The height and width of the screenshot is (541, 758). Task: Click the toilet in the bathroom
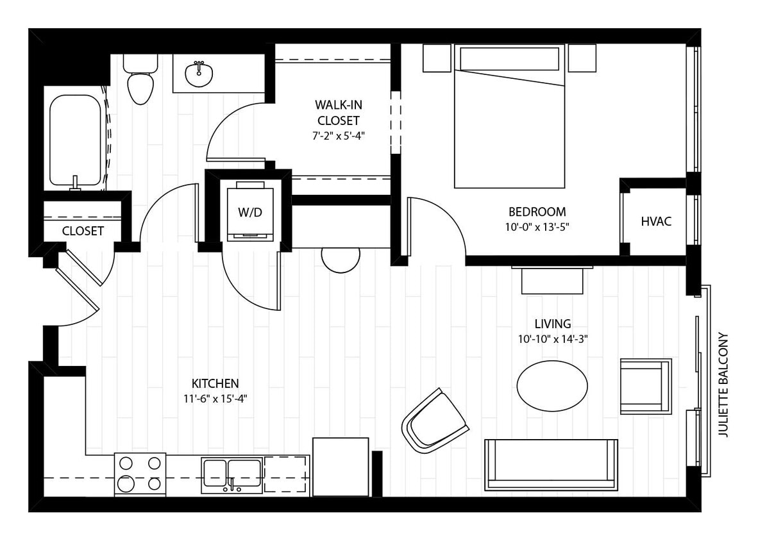point(140,83)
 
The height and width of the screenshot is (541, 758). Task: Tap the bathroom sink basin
point(199,74)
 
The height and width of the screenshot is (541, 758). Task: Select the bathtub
point(76,140)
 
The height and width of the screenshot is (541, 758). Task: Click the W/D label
point(250,213)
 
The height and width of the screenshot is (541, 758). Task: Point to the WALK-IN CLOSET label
point(337,112)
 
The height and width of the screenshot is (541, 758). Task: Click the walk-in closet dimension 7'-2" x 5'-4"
point(337,135)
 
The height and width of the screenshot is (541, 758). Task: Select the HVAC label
point(656,221)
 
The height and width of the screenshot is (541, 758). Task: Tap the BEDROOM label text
point(537,212)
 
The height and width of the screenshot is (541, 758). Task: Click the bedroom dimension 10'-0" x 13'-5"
point(537,226)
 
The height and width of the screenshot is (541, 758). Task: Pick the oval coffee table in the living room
point(552,385)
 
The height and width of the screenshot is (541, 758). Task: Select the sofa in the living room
point(551,464)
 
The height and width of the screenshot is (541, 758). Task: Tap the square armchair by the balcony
point(645,386)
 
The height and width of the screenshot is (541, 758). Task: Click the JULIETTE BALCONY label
point(723,385)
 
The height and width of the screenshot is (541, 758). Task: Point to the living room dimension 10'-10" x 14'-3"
point(553,339)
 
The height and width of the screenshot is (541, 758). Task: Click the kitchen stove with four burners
point(140,474)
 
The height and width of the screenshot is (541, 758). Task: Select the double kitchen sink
point(232,475)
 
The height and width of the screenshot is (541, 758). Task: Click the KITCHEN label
point(215,383)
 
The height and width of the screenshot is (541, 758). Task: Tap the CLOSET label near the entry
point(83,231)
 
